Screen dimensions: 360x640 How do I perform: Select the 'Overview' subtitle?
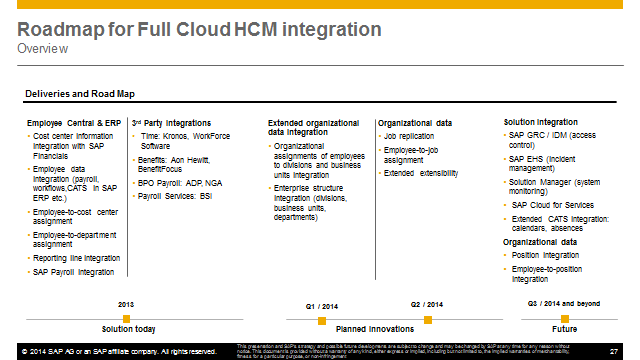click(43, 48)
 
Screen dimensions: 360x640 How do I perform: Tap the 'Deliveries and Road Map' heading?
click(79, 95)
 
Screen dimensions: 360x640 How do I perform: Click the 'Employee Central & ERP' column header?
click(72, 123)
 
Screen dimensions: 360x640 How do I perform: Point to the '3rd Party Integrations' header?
click(171, 123)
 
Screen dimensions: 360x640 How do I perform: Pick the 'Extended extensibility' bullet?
click(421, 173)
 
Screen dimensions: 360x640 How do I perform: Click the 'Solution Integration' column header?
click(540, 123)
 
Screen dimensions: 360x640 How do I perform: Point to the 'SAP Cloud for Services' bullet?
click(552, 204)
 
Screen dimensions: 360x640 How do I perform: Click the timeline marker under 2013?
click(126, 317)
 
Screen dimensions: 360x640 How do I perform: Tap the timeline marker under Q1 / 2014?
click(322, 319)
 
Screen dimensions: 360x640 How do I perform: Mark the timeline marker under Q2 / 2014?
click(427, 319)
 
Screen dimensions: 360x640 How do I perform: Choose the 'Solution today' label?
click(129, 328)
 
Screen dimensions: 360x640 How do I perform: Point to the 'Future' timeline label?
click(564, 328)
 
